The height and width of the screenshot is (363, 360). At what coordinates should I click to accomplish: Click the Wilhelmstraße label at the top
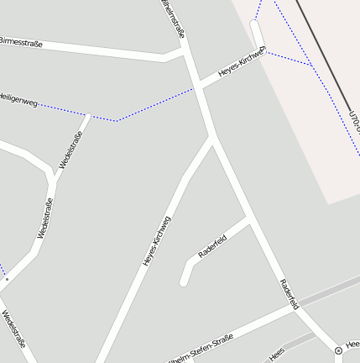pyautogui.click(x=174, y=18)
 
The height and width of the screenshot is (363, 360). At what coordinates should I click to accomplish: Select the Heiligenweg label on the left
pyautogui.click(x=18, y=101)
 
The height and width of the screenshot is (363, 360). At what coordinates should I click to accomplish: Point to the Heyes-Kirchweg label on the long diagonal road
pyautogui.click(x=157, y=242)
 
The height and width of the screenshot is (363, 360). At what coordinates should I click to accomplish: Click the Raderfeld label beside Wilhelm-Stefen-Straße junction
pyautogui.click(x=289, y=293)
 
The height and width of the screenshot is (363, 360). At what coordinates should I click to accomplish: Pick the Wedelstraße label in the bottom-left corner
pyautogui.click(x=14, y=329)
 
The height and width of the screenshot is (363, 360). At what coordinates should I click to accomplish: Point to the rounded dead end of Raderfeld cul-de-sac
pyautogui.click(x=184, y=281)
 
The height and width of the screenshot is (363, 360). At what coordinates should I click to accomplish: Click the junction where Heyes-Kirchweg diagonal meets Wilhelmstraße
pyautogui.click(x=212, y=139)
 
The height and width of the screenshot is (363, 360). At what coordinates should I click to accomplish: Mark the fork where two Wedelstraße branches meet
pyautogui.click(x=54, y=179)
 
